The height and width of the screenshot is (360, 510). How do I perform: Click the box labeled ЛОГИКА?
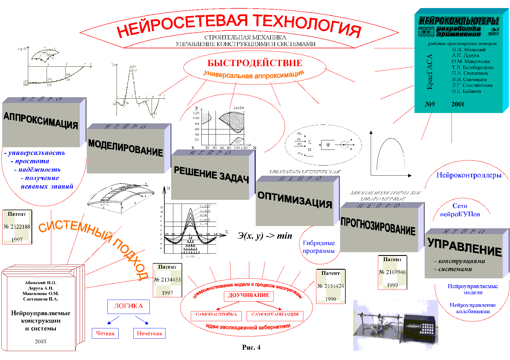pos(128,307)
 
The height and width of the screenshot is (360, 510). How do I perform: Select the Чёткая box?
pos(105,334)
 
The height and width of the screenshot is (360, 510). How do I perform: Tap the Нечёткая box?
pos(149,334)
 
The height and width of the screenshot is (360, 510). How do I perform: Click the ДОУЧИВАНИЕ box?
pos(249,296)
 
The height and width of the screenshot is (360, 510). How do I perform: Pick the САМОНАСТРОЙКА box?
pos(216,315)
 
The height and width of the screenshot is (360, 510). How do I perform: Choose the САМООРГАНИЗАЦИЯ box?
pos(275,315)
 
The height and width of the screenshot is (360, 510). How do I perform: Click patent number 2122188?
pos(17,227)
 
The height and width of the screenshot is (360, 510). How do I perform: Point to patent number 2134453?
pos(167,279)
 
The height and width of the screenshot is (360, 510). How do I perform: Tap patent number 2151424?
pos(331,286)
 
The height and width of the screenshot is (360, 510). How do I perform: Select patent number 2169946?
pos(392,272)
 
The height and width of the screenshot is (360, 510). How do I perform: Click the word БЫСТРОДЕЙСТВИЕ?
pos(255,63)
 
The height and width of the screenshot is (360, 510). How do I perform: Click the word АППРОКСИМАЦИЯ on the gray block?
pos(41,121)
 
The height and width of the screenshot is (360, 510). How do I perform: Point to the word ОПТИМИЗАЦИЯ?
pos(295,200)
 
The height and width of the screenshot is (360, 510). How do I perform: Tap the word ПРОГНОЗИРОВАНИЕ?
pos(378,226)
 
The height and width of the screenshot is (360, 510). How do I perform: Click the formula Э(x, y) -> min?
pos(265,236)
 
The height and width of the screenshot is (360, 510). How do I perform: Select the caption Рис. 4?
pos(251,347)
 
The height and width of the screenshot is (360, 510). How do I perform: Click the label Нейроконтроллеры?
pos(469,175)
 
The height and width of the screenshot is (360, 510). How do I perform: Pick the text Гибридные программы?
pos(319,247)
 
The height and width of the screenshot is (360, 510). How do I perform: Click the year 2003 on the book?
pos(41,342)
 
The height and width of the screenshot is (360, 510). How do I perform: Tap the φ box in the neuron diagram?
pos(328,145)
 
